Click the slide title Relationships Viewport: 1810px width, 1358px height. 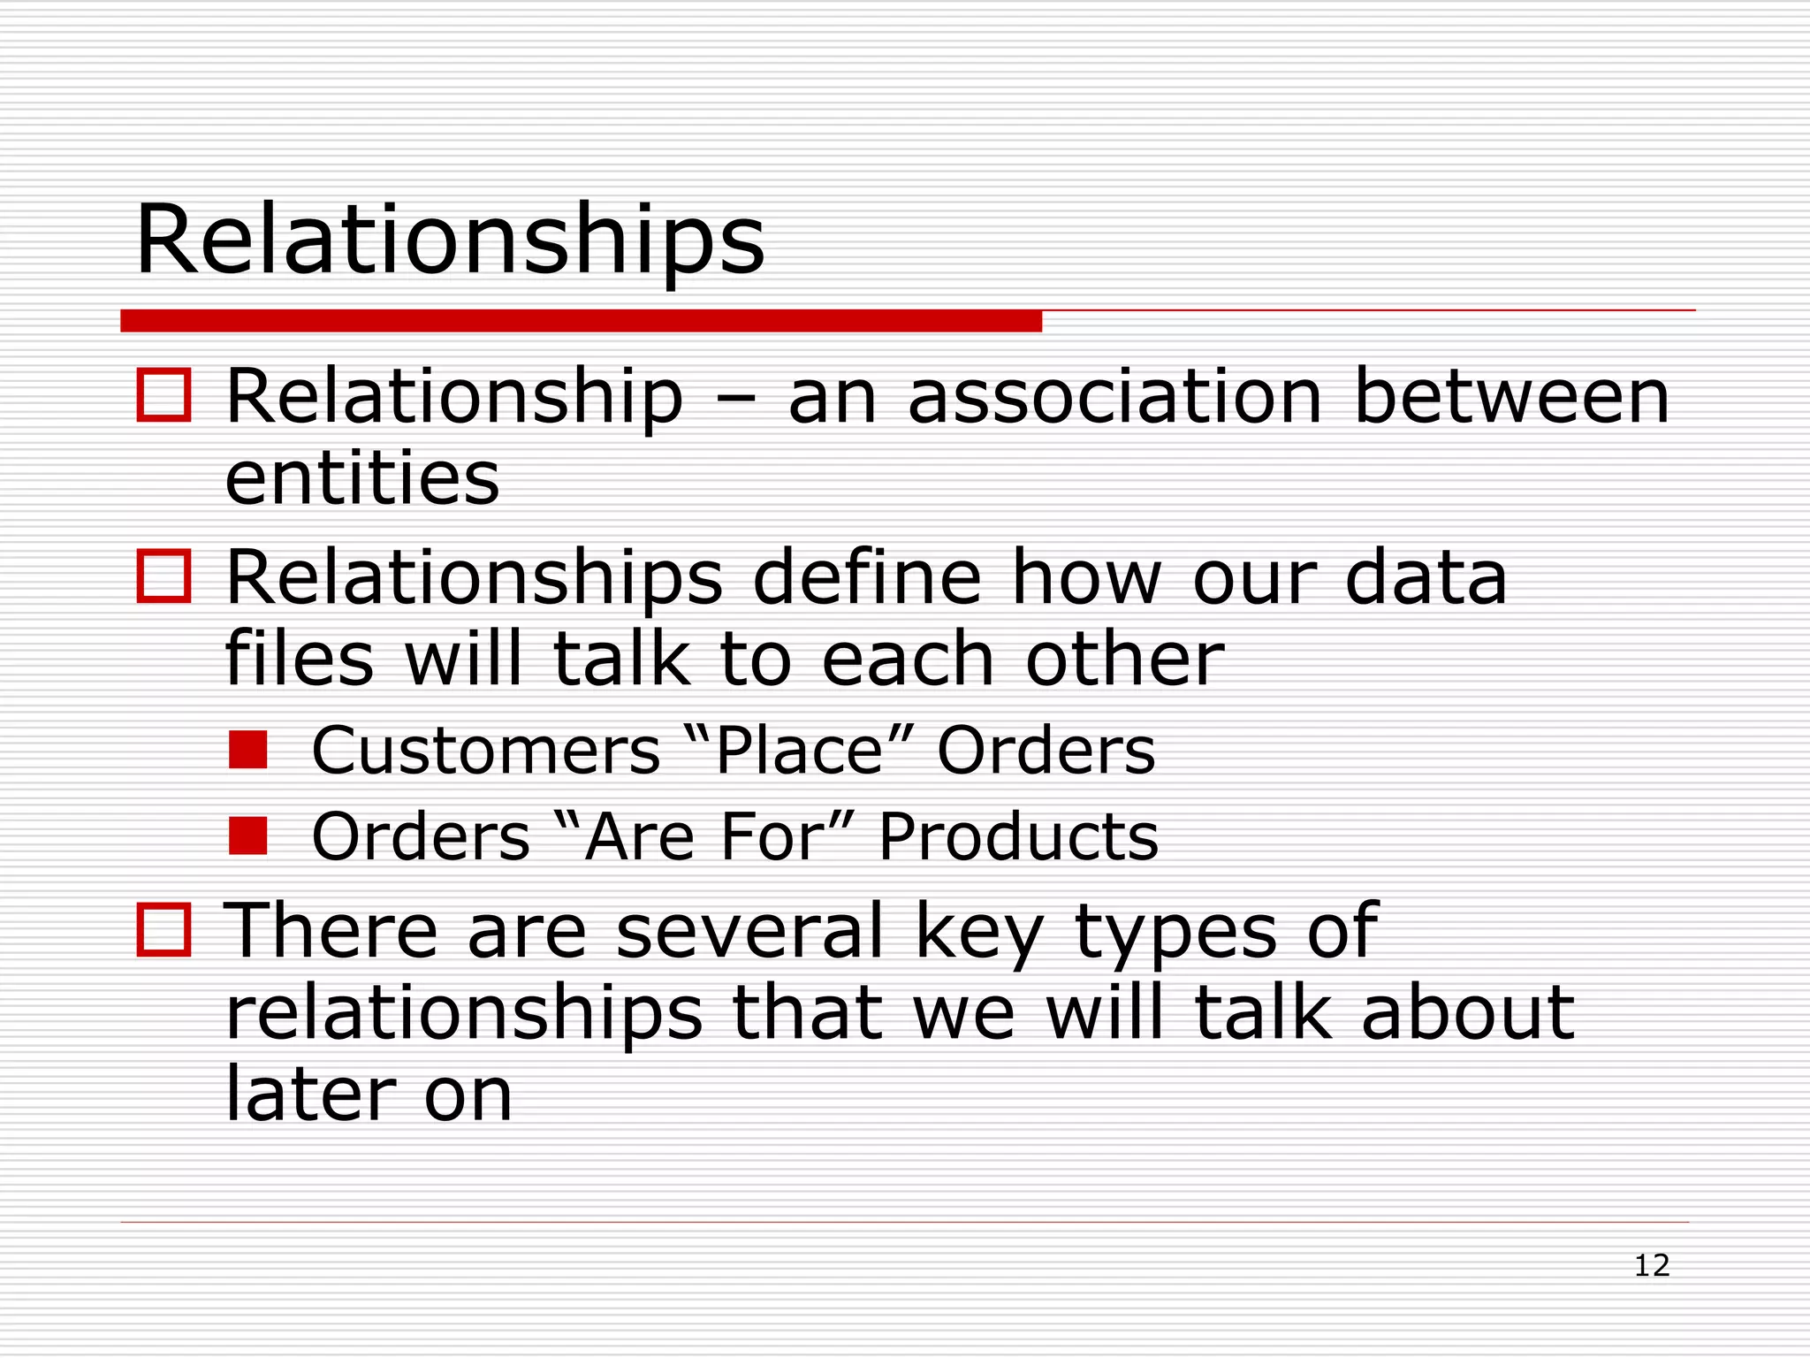click(x=449, y=240)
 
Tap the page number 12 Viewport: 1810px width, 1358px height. click(x=1651, y=1266)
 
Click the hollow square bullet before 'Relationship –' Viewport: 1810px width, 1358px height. click(x=164, y=395)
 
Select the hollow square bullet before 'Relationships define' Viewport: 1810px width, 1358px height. click(x=164, y=576)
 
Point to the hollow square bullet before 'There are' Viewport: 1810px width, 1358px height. click(x=164, y=930)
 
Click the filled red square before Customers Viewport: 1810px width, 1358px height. click(x=247, y=750)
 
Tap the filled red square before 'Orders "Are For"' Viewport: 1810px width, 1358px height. click(x=247, y=835)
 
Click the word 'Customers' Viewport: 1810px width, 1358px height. click(x=486, y=751)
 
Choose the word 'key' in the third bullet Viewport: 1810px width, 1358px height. click(x=979, y=933)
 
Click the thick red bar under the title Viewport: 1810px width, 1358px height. click(x=581, y=321)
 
